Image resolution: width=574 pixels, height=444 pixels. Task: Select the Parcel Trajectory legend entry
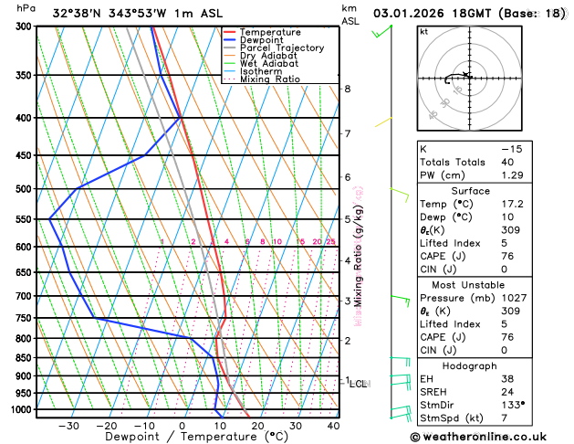pyautogui.click(x=281, y=48)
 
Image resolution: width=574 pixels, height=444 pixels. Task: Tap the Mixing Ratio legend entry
pyautogui.click(x=270, y=79)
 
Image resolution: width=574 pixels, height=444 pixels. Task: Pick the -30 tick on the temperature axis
pyautogui.click(x=68, y=426)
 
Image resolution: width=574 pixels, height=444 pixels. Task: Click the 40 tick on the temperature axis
pyautogui.click(x=333, y=426)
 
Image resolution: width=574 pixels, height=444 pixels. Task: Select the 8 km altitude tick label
pyautogui.click(x=348, y=89)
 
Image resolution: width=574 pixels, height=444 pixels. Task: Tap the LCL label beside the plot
pyautogui.click(x=359, y=384)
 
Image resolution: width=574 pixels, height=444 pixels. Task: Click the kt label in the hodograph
pyautogui.click(x=423, y=31)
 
